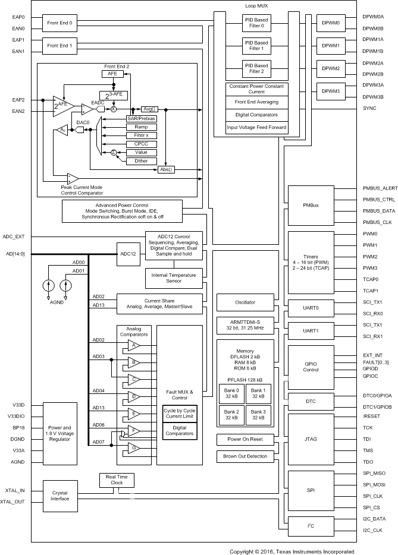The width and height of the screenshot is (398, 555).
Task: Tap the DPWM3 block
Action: pyautogui.click(x=330, y=92)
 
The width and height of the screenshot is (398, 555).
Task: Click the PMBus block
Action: pyautogui.click(x=312, y=205)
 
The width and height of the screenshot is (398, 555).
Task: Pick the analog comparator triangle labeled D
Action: pyautogui.click(x=134, y=395)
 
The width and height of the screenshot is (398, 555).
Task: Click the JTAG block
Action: pyautogui.click(x=312, y=439)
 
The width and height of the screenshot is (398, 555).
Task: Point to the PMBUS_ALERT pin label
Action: pyautogui.click(x=380, y=188)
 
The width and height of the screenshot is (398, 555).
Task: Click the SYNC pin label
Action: pyautogui.click(x=370, y=108)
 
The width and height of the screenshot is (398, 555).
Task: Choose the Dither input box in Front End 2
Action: pyautogui.click(x=141, y=160)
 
